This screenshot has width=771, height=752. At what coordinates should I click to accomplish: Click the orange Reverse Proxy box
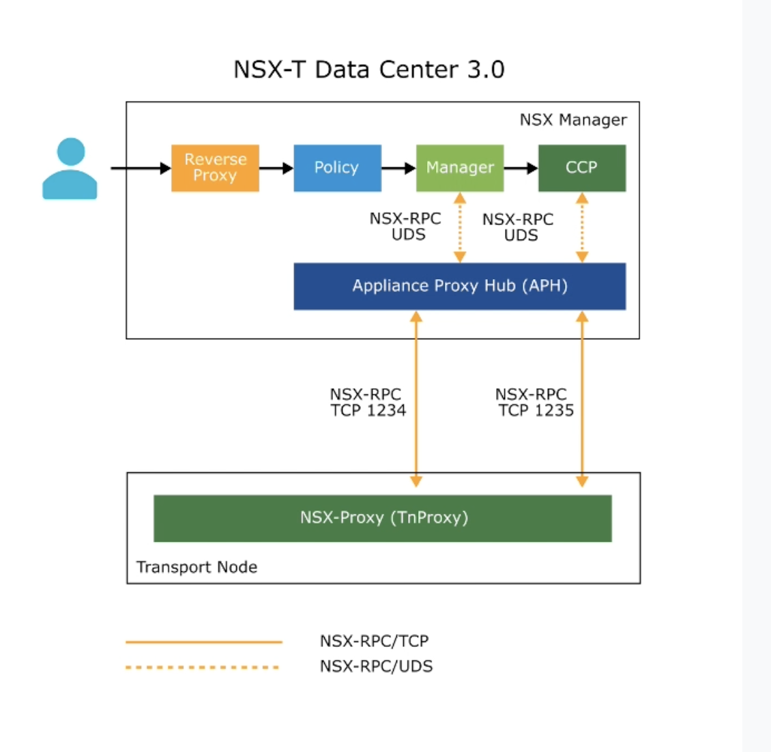point(215,168)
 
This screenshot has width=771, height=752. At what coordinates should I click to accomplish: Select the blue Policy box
point(337,168)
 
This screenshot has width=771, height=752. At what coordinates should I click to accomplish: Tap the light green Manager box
point(460,168)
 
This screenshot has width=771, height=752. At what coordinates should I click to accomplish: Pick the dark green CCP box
point(581,168)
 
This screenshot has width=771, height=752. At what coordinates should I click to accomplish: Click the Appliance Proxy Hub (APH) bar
point(459,286)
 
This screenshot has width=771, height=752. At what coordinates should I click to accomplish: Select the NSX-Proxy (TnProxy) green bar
point(383,518)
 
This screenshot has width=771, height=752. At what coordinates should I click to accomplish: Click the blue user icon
point(70,169)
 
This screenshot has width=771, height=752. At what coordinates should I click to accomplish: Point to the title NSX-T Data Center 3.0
point(368,70)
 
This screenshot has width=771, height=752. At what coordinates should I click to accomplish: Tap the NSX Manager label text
point(572,120)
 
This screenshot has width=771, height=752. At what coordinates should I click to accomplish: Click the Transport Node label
point(197,567)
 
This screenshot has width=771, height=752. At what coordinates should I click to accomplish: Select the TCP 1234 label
point(368,410)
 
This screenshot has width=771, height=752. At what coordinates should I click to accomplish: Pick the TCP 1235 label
point(536,410)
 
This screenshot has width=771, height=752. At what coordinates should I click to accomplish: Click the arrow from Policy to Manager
point(398,168)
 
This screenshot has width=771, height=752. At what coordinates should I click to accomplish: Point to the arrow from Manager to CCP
point(521,168)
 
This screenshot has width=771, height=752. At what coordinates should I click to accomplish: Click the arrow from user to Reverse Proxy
point(141,168)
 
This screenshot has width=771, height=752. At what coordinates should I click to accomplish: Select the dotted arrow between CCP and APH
point(582,227)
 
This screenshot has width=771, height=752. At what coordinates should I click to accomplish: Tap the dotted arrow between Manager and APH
point(460,227)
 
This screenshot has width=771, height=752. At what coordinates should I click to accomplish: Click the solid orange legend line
point(203,642)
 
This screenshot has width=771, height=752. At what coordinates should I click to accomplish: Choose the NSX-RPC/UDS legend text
point(376,666)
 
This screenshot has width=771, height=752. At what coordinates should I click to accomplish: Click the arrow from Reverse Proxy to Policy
point(276,168)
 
